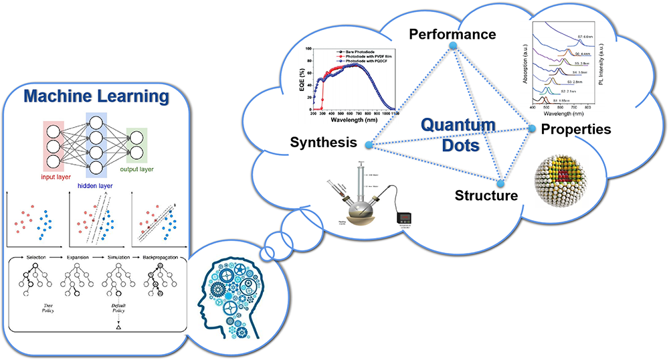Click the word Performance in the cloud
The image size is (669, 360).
(453, 33)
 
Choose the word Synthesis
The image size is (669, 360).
(322, 143)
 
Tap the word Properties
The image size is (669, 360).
(576, 129)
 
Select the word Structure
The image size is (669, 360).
(486, 196)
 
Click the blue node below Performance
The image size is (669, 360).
(453, 46)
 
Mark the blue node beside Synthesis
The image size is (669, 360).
(369, 145)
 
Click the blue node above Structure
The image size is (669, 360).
(500, 183)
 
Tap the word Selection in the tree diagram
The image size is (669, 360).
(39, 256)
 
